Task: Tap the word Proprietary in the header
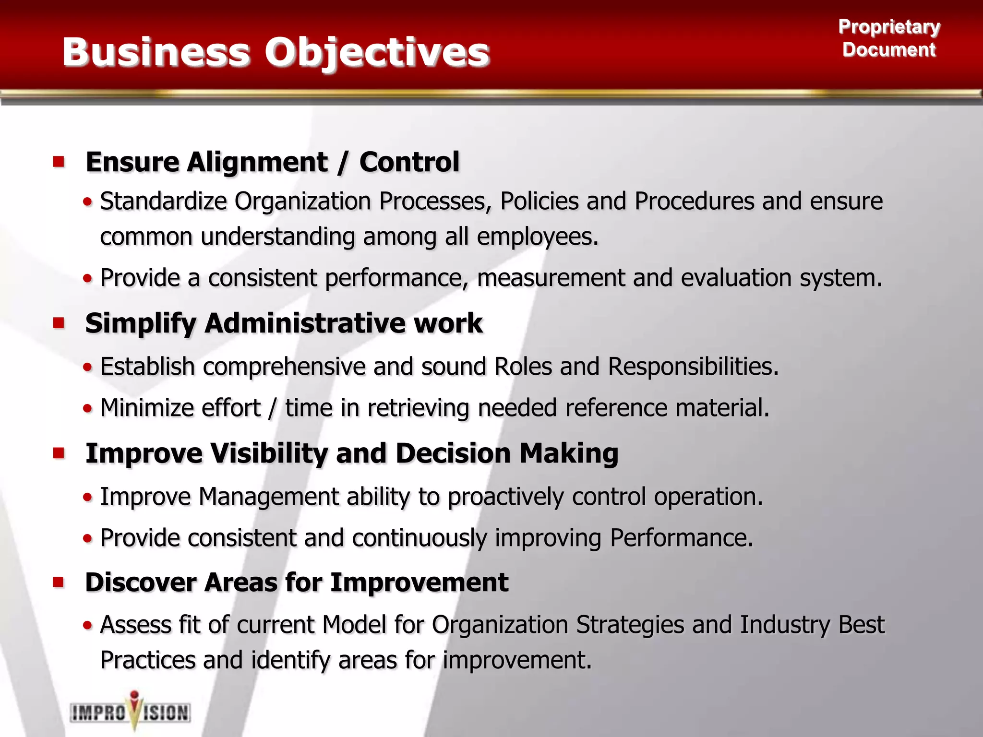tap(889, 27)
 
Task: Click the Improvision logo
tap(131, 711)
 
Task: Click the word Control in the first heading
tap(409, 162)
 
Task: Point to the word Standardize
tap(163, 201)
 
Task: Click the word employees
tap(538, 237)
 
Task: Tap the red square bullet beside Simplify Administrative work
tap(59, 323)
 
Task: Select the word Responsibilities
tap(693, 367)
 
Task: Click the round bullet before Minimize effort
tap(87, 409)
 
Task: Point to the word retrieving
tap(418, 408)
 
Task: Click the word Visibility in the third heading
tap(269, 453)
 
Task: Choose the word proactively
tap(505, 497)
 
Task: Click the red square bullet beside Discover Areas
tap(59, 582)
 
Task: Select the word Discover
tap(141, 582)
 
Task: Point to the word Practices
tap(148, 660)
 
